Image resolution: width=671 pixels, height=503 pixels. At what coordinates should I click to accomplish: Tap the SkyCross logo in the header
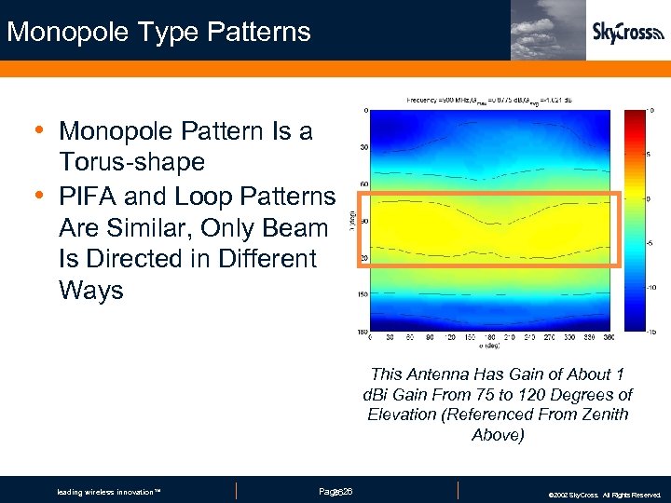[627, 33]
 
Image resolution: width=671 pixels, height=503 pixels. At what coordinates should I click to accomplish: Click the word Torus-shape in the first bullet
[131, 162]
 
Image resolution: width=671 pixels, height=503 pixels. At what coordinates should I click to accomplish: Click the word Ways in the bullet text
[90, 291]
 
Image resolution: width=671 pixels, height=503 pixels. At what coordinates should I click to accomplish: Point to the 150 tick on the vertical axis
[362, 293]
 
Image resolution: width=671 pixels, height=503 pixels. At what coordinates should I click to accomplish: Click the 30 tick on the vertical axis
[363, 147]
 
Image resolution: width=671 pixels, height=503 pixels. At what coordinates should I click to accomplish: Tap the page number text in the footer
[335, 491]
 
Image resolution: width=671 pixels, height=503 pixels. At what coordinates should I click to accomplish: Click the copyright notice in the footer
[605, 495]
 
